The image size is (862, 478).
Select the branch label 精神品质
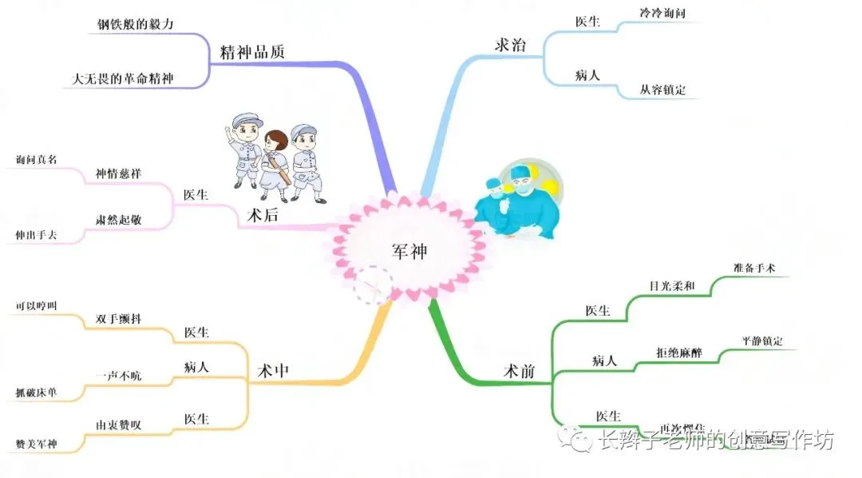click(252, 52)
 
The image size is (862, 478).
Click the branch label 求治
click(510, 45)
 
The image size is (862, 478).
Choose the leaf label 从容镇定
click(662, 90)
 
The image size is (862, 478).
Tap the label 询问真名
click(37, 159)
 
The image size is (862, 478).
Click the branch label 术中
click(274, 371)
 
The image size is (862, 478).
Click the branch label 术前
click(519, 371)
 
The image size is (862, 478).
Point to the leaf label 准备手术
click(753, 268)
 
